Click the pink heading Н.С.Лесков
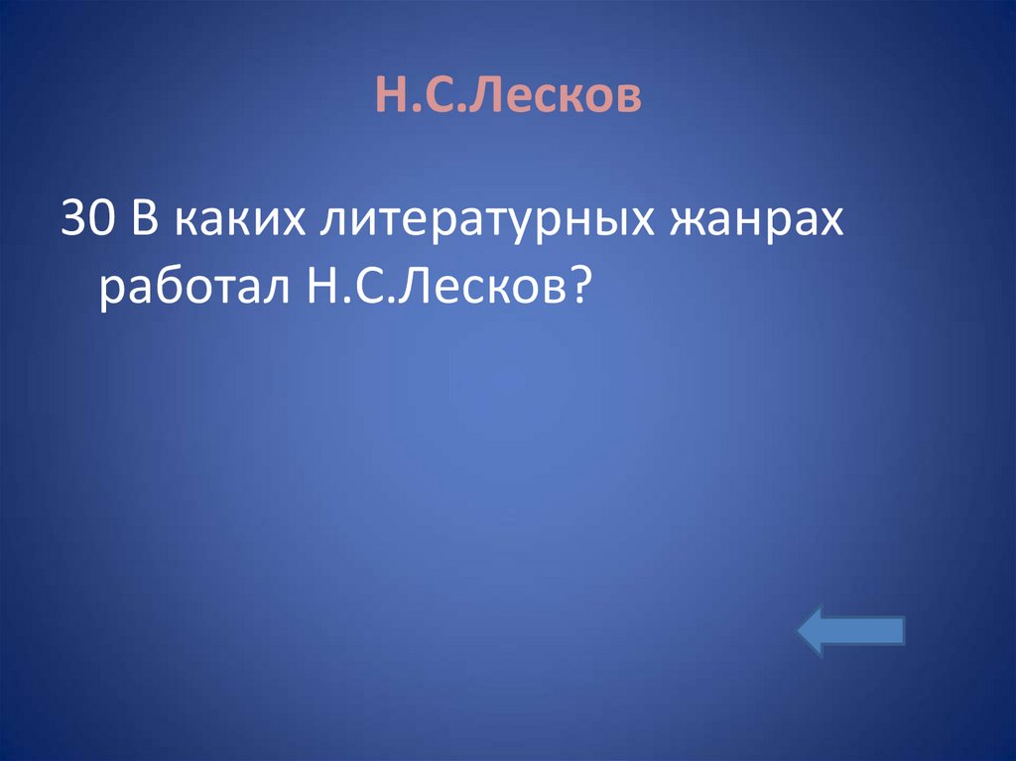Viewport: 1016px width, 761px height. [x=508, y=96]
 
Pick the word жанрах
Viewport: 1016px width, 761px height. [x=759, y=220]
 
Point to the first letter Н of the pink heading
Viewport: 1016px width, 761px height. [x=389, y=97]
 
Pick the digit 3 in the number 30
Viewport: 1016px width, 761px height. [x=74, y=217]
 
